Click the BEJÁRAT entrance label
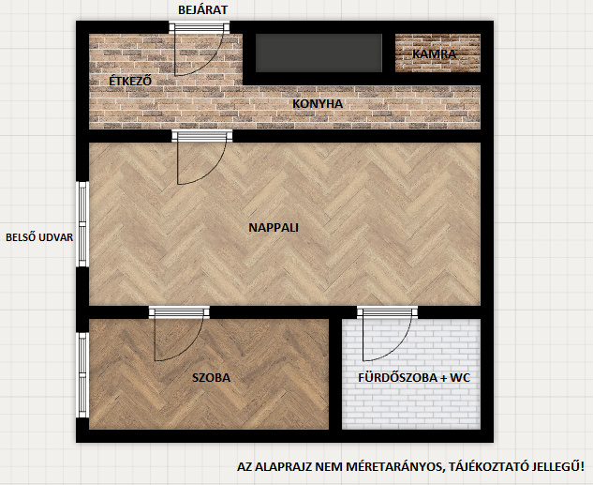point(203,9)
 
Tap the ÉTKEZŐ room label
point(130,81)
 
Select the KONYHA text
point(318,104)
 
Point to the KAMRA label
point(434,54)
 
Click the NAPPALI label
point(274,228)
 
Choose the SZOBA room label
point(212,377)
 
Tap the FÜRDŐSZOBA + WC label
point(414,377)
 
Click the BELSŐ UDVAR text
point(39,237)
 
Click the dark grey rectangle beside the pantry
point(319,53)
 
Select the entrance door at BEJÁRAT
point(200,49)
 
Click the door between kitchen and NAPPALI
point(202,157)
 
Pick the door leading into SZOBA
point(179,334)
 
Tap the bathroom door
point(387,334)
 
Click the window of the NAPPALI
point(83,224)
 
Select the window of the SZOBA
point(83,375)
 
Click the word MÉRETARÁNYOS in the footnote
point(394,466)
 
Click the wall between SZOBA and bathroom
point(335,374)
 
